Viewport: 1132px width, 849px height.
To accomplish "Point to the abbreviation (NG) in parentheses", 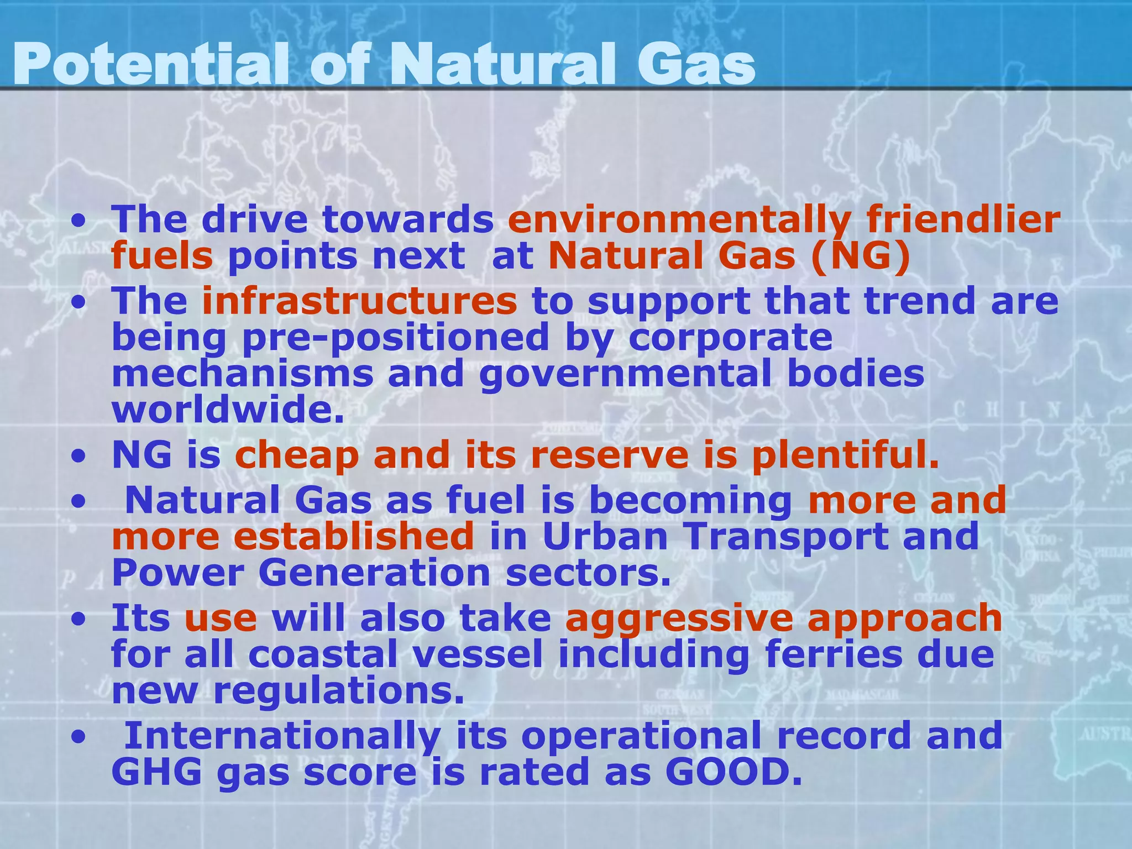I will point(861,256).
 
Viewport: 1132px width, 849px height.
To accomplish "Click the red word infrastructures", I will point(359,301).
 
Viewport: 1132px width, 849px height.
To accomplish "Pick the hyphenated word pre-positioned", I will point(395,338).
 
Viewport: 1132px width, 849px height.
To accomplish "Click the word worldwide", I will point(228,410).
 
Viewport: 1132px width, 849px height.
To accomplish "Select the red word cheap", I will point(297,458).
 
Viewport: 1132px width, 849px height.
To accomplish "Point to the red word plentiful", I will point(845,457).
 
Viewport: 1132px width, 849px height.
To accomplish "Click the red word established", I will point(353,537).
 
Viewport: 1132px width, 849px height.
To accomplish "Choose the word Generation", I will point(374,573).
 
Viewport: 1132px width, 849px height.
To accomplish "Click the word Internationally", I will point(283,736).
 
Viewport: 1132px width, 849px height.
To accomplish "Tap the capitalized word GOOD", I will point(732,772).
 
